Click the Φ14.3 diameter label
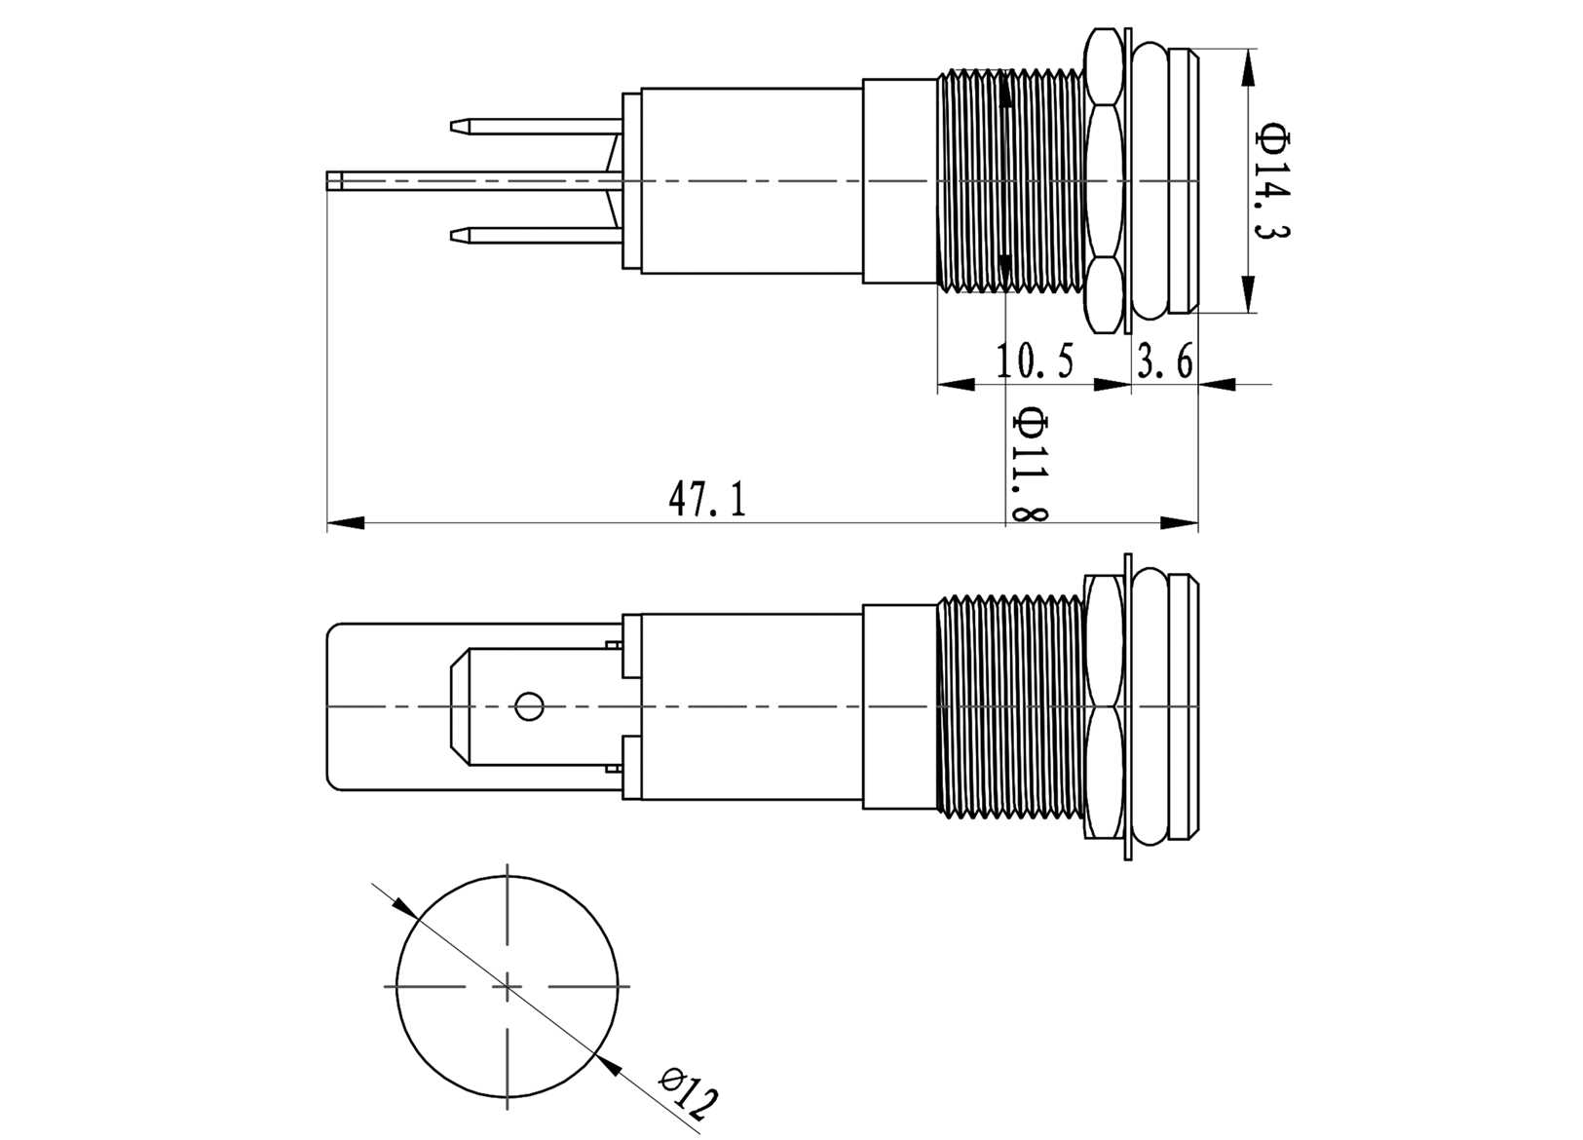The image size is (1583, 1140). click(1272, 182)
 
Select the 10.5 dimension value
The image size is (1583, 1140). click(1035, 361)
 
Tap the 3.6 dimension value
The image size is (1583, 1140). click(1165, 361)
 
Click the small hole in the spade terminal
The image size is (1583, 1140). click(529, 705)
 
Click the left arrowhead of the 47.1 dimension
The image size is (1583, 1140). click(345, 523)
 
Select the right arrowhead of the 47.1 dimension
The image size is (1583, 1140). click(1180, 523)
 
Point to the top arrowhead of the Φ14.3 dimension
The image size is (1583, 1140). click(1247, 68)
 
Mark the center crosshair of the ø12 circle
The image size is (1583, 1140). click(508, 987)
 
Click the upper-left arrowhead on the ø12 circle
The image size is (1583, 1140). click(403, 907)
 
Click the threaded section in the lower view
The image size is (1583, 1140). click(1008, 705)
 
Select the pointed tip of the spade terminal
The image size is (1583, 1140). click(452, 705)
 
